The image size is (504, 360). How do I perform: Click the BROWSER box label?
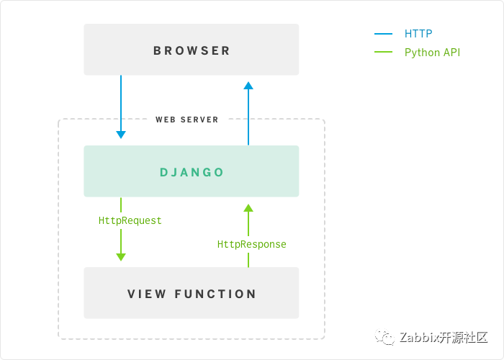click(192, 51)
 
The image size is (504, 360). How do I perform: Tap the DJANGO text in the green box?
click(192, 172)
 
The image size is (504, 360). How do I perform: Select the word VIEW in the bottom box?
click(147, 294)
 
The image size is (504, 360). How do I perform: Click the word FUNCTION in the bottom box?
click(215, 294)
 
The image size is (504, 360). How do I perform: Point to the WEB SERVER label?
click(186, 120)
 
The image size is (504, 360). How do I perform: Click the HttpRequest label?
click(130, 220)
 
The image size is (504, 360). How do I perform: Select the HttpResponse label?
click(252, 244)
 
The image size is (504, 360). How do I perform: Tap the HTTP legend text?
click(418, 33)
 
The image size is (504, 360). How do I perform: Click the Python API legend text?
click(432, 53)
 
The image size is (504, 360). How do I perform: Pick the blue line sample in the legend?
click(383, 33)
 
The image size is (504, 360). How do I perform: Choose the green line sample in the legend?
click(383, 52)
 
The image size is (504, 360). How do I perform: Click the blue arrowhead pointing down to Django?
click(121, 135)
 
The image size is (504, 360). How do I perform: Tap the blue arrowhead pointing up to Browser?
click(248, 86)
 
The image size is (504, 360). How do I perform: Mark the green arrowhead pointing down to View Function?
click(121, 257)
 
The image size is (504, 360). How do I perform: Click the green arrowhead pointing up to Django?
click(248, 208)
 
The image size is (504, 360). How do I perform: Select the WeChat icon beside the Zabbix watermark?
click(384, 337)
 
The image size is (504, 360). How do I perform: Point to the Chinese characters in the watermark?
click(464, 338)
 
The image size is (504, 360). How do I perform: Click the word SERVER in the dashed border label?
click(199, 120)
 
